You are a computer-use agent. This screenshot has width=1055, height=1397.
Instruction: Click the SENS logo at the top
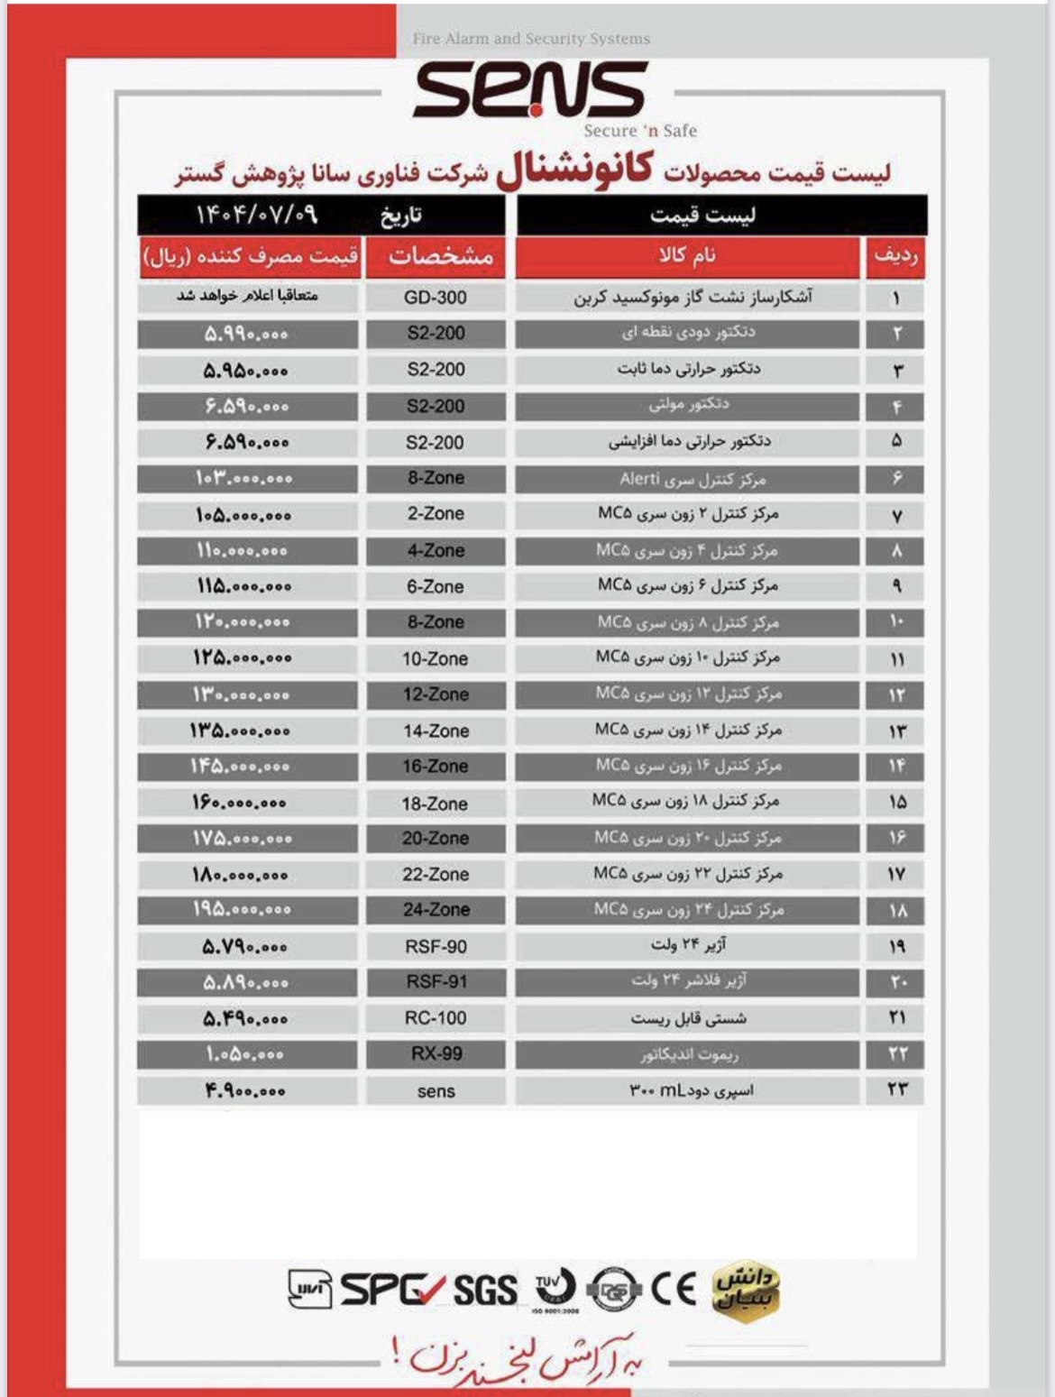(x=530, y=90)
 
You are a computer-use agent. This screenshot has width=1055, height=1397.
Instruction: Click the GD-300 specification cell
(x=436, y=298)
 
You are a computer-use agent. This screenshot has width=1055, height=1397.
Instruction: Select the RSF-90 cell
(x=436, y=947)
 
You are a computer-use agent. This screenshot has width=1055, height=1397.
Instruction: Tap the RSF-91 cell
(x=436, y=982)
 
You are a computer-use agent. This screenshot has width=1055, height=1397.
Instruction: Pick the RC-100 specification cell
(x=436, y=1018)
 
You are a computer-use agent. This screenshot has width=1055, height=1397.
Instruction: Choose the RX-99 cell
(x=436, y=1054)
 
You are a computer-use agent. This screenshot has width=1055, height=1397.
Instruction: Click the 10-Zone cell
(x=436, y=659)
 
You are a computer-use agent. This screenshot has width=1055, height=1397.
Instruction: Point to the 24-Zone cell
(x=436, y=910)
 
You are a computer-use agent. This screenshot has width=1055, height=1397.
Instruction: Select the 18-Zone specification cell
(x=436, y=804)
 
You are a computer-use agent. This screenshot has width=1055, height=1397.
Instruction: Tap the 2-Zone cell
(x=436, y=514)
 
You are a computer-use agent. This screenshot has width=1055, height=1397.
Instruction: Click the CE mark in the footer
(x=674, y=1289)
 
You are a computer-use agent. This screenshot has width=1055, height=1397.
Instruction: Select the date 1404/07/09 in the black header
(x=257, y=216)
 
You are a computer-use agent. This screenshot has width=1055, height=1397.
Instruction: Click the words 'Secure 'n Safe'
(x=640, y=131)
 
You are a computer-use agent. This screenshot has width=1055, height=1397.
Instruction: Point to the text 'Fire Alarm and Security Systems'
(x=531, y=39)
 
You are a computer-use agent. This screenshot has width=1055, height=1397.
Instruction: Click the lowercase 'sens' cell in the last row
(x=436, y=1091)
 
